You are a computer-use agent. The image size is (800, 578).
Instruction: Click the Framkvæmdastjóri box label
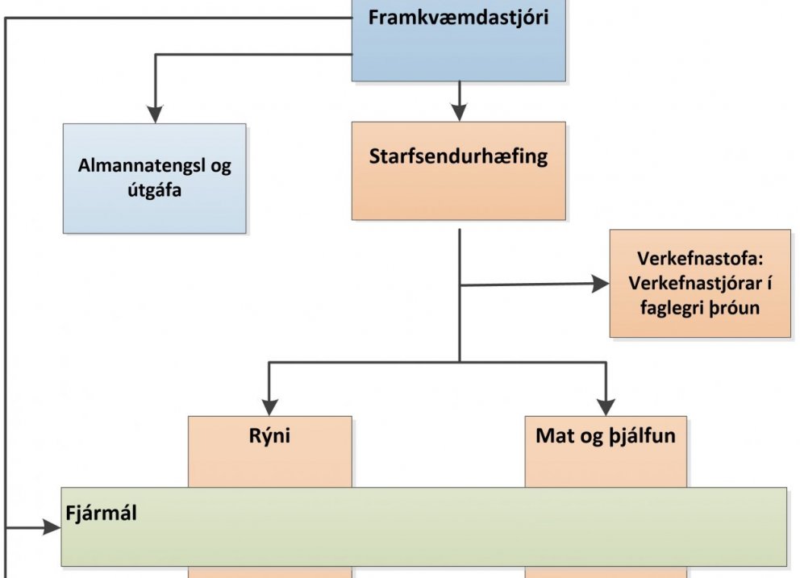point(458,18)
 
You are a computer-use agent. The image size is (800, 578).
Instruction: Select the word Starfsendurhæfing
point(458,156)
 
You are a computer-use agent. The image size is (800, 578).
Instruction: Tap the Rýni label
point(270,437)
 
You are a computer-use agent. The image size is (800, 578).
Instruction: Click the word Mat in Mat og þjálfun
point(552,437)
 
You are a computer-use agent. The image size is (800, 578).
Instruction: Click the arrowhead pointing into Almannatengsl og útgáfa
point(154,114)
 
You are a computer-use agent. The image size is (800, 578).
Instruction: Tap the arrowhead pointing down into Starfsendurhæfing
point(459,112)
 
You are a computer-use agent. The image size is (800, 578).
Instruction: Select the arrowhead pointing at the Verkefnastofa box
point(600,284)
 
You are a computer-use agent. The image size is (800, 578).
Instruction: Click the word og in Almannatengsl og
point(219,167)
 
